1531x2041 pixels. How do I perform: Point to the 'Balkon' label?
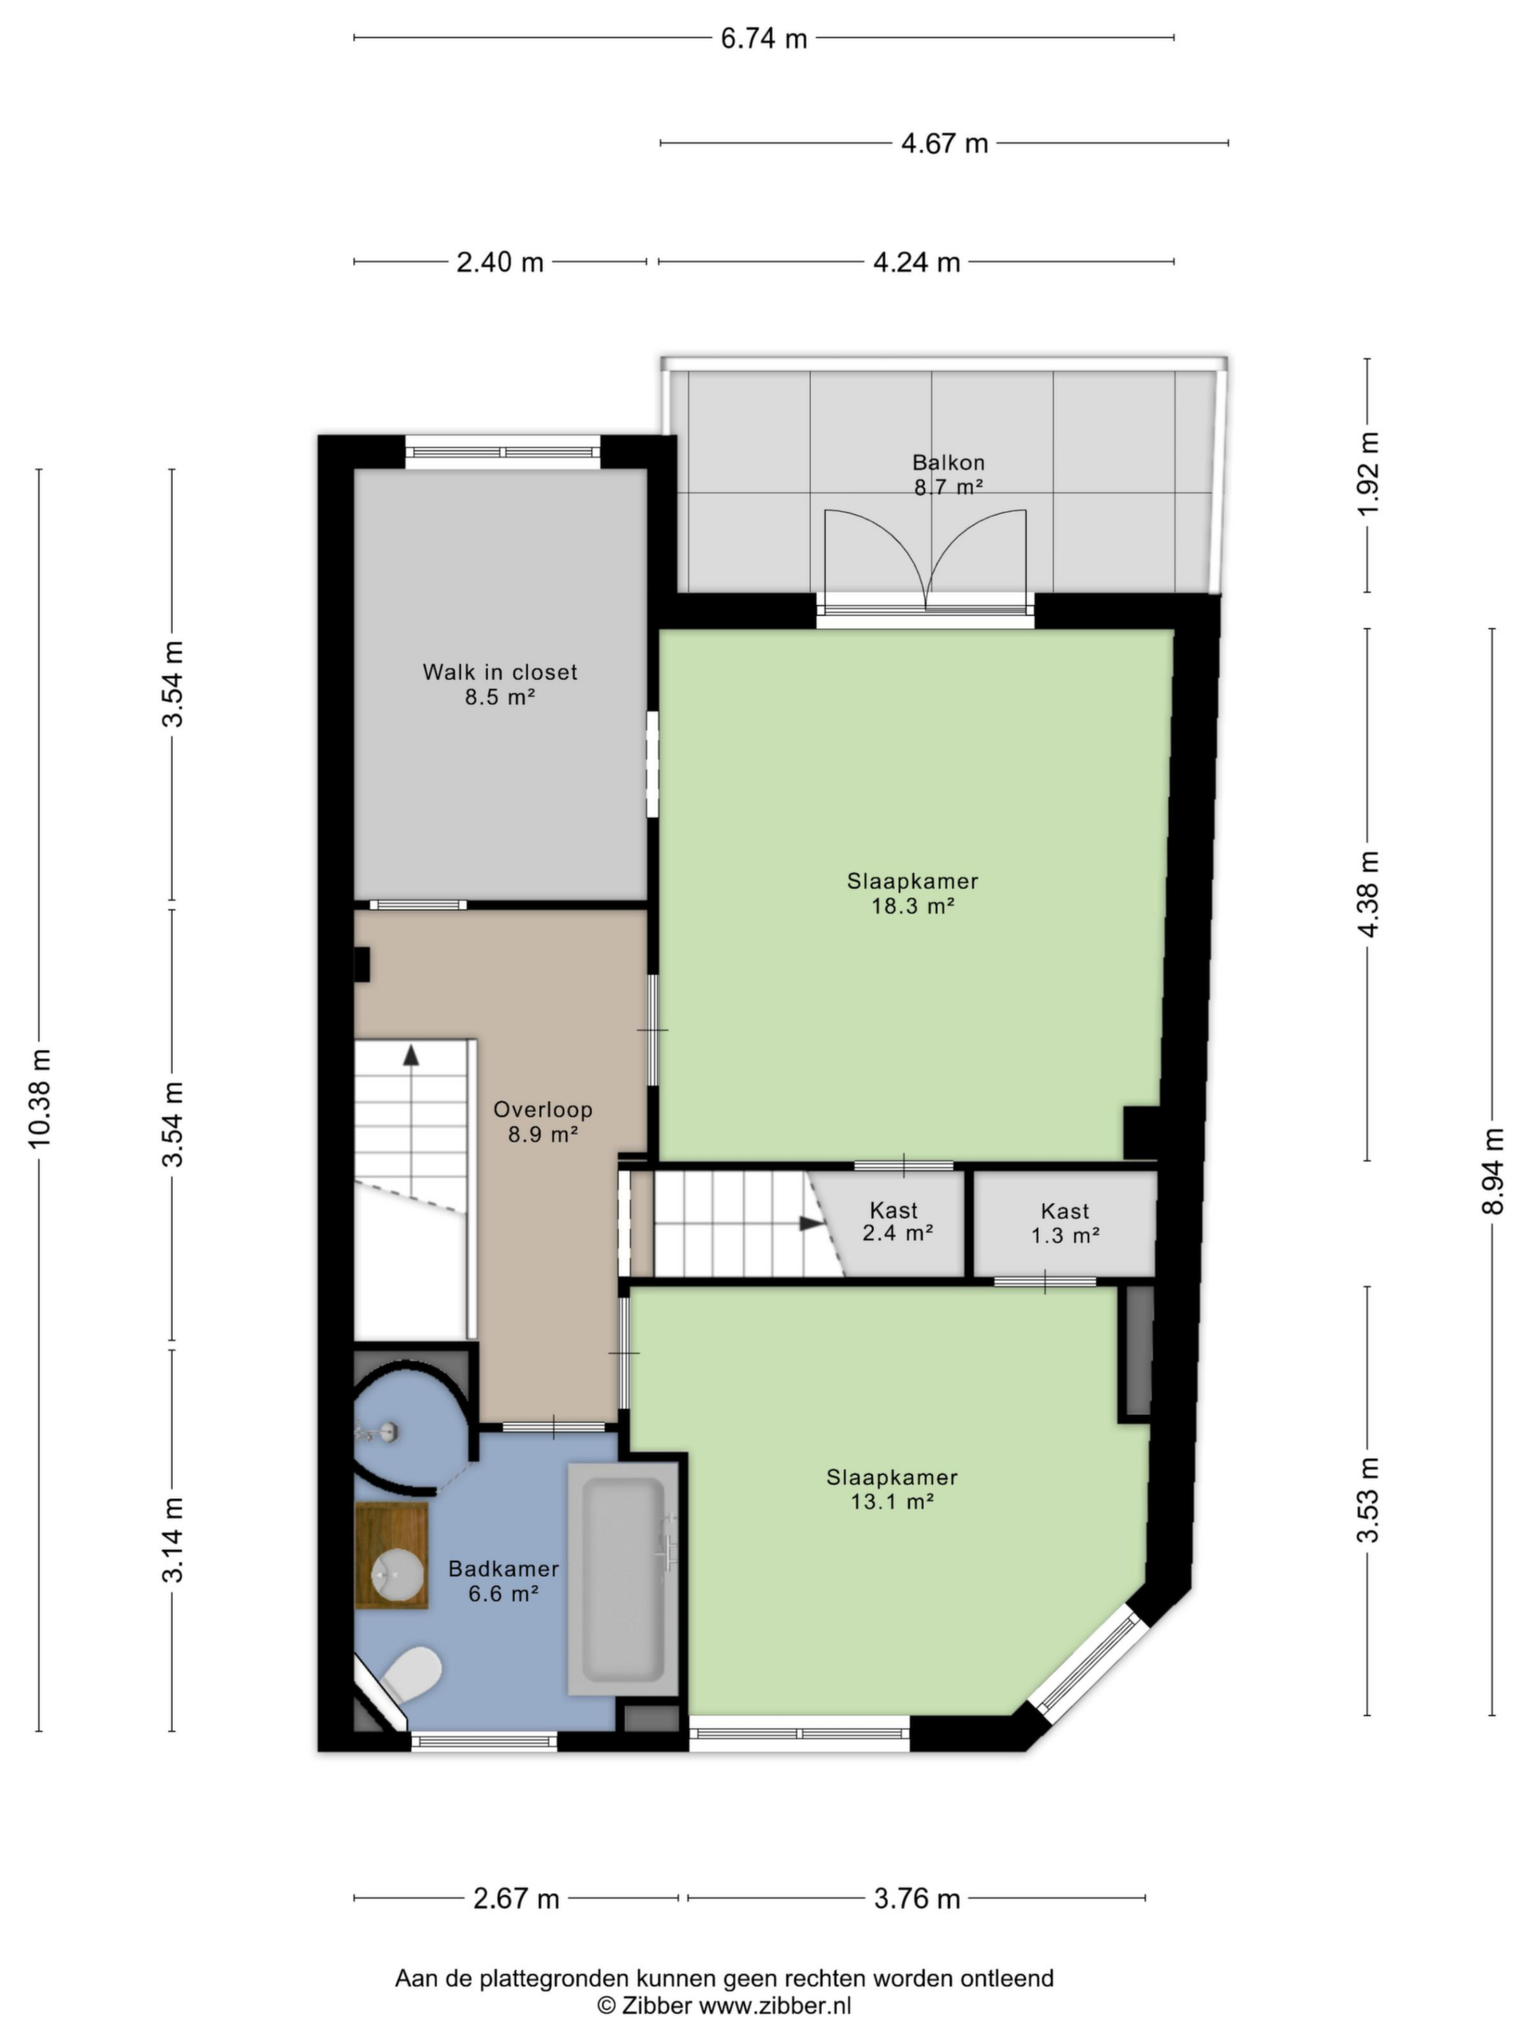click(949, 462)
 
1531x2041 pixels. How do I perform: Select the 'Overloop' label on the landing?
click(543, 1109)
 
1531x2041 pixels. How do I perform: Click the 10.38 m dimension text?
click(41, 1099)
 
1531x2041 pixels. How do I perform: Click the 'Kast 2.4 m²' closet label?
click(897, 1221)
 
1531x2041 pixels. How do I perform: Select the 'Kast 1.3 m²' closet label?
click(1065, 1222)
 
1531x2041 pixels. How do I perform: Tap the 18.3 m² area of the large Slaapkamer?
click(913, 906)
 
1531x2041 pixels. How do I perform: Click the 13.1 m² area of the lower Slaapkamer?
click(892, 1501)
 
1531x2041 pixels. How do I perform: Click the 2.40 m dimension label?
click(500, 263)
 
